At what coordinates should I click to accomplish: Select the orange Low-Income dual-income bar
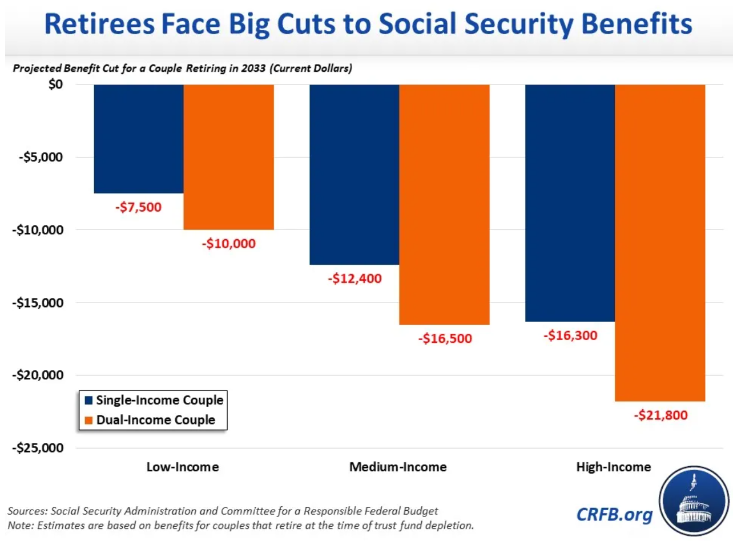228,157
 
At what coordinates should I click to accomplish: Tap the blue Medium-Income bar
354,174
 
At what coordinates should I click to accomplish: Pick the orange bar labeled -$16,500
444,204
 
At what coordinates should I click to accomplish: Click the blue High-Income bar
570,203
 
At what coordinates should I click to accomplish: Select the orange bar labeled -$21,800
660,243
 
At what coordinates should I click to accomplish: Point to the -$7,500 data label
139,207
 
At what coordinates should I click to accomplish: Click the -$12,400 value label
355,279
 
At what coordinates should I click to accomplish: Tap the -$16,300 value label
570,336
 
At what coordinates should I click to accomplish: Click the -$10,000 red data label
228,244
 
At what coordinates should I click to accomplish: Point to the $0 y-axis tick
55,84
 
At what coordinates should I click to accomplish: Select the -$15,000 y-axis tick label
38,302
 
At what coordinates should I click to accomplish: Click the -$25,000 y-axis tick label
38,448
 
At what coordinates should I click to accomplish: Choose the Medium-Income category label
398,467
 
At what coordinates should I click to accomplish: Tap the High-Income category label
613,467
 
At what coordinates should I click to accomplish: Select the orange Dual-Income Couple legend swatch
88,421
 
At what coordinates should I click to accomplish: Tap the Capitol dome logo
694,501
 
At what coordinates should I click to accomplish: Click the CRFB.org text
614,514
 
